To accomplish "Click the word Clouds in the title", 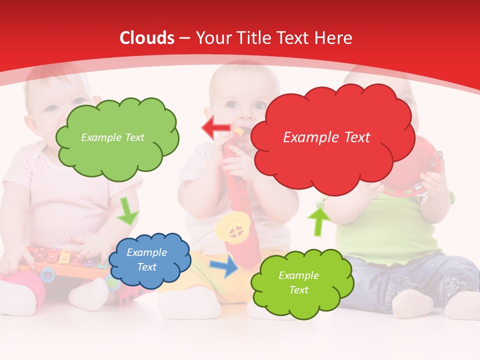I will pos(147,38).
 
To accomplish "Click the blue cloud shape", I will pos(150,259).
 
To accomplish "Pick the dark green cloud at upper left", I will pos(117,137).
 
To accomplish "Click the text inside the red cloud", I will pos(326,137).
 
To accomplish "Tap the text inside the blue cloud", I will pos(147,259).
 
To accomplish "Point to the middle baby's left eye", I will pos(259,105).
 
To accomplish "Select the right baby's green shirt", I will pos(390,225).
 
